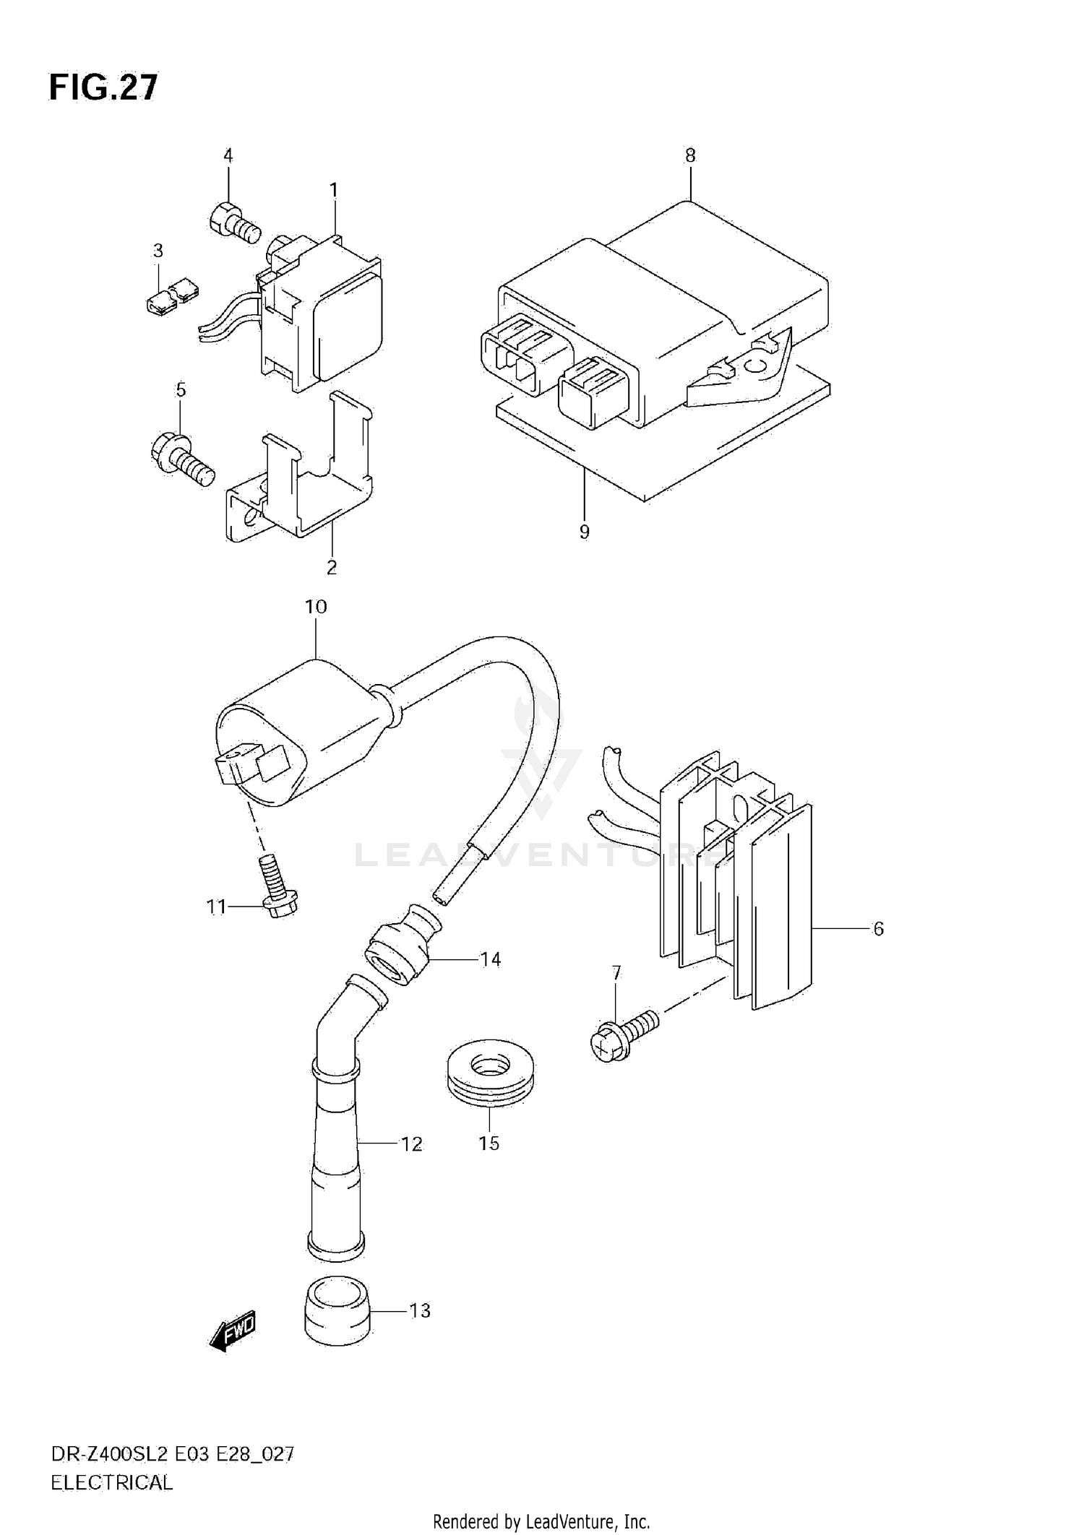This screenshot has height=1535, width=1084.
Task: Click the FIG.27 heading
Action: (103, 88)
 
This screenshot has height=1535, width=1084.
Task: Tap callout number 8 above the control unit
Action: (690, 155)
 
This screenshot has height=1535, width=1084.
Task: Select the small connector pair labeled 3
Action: (171, 298)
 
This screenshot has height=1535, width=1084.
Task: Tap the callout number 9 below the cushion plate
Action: (584, 532)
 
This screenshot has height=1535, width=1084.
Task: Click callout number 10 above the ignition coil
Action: (316, 607)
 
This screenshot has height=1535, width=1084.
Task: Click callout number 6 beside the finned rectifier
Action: (878, 929)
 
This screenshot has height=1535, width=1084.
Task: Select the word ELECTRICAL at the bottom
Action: (112, 1483)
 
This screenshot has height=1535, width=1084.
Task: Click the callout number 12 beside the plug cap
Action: (411, 1144)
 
